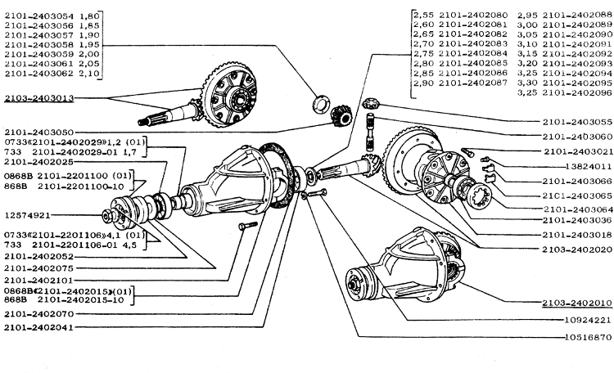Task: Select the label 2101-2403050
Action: (40, 131)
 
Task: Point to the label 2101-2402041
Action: (40, 326)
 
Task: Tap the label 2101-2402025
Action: (40, 163)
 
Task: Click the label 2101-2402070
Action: (40, 312)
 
